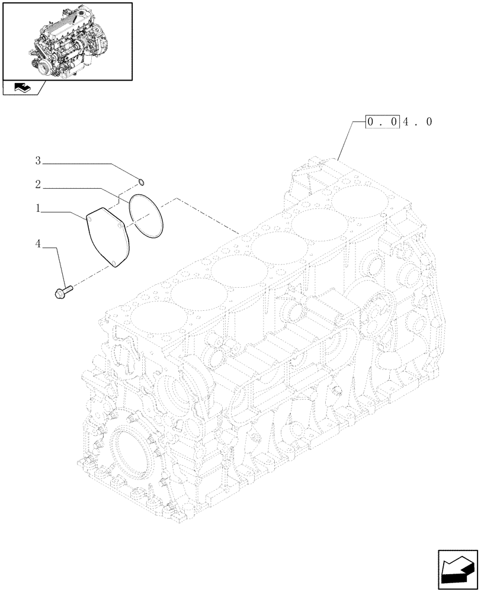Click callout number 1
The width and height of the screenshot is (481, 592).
coord(37,208)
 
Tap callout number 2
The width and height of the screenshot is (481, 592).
coord(37,185)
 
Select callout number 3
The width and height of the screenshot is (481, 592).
coord(37,160)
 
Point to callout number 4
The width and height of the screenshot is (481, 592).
coord(37,243)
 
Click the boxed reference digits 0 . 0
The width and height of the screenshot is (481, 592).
coord(383,123)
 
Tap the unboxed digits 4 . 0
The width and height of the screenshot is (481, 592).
coord(419,123)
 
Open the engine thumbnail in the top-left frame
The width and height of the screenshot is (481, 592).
coord(67,40)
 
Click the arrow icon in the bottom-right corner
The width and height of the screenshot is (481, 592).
coord(458,570)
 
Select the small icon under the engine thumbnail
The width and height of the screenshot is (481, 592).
coord(22,88)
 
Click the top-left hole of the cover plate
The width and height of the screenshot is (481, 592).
coord(89,218)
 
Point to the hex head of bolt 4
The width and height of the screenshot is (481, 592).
coord(59,292)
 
